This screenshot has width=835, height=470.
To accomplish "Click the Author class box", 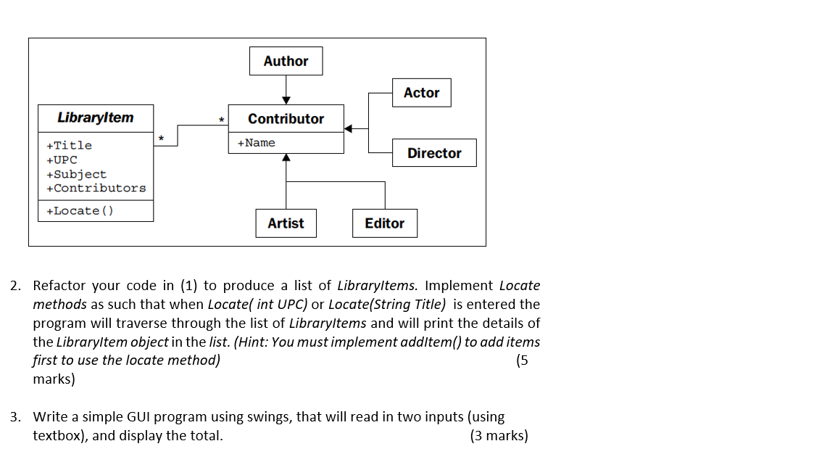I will point(286,61).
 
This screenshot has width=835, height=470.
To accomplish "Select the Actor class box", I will point(421,93).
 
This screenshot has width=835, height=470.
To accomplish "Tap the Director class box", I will point(434,153).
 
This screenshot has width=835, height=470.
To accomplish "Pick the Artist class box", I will point(286,223).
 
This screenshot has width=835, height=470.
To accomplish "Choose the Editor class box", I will point(385,223).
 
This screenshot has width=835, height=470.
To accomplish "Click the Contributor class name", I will point(286,119).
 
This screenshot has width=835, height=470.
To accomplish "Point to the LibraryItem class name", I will point(95,117).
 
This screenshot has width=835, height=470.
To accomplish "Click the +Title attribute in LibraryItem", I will point(69,146).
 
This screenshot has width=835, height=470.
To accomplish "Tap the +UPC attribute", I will point(62,160).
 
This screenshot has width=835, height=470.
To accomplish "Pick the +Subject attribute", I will point(76,174).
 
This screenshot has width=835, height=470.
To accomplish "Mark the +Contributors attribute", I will point(96,188).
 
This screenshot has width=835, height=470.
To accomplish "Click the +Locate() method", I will point(80,211).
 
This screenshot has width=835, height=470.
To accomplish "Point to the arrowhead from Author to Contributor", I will point(286,100).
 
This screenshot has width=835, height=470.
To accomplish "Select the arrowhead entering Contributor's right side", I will point(349,129).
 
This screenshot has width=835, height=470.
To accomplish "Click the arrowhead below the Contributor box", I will point(286,157).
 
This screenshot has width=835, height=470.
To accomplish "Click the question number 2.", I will point(15,286).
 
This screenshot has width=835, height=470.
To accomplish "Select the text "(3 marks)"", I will point(499,436).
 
